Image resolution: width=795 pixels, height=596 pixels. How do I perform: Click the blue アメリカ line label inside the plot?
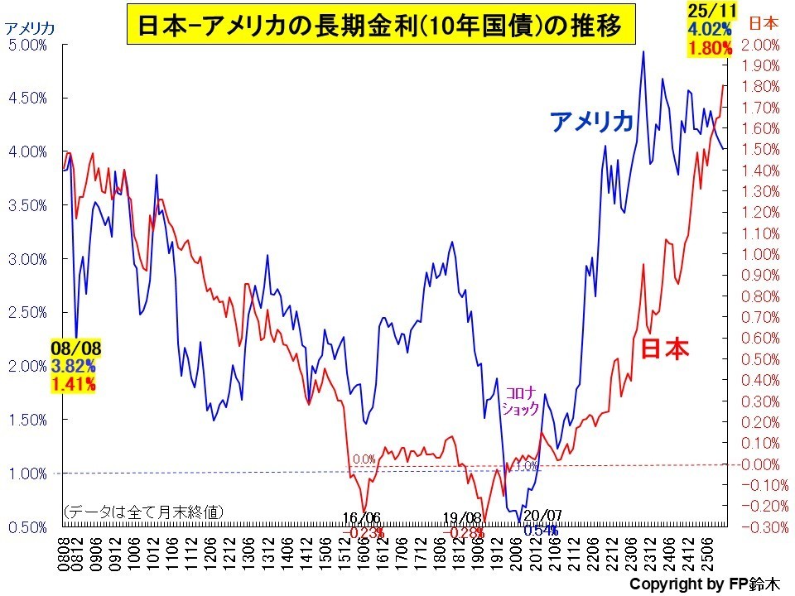592,123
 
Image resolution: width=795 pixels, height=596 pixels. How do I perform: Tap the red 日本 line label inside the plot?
665,348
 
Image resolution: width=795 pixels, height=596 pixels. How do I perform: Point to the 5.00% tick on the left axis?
27,45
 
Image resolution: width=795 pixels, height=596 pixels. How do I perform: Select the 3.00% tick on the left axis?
27,259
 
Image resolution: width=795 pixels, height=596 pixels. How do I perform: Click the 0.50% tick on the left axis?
27,526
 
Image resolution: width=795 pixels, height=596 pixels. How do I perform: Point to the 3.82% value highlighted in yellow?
73,366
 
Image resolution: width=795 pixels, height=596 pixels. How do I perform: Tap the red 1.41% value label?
73,382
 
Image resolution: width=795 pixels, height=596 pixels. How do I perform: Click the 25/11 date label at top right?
708,10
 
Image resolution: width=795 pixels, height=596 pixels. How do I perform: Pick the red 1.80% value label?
710,48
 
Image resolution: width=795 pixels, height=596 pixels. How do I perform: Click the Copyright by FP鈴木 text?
704,584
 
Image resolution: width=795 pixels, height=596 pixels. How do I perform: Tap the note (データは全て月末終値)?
142,512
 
